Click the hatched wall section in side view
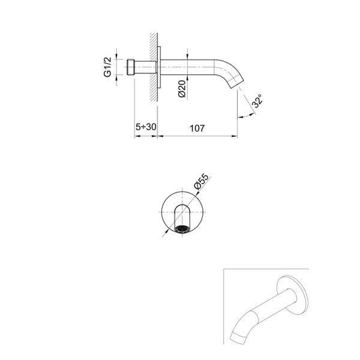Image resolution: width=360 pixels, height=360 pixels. [x=152, y=66]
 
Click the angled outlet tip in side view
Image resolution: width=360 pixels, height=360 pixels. [x=235, y=86]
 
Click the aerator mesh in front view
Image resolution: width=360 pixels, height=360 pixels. [x=180, y=229]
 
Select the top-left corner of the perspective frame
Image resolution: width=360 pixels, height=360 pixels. [x=223, y=271]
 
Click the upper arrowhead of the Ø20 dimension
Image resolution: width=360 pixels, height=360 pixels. [x=188, y=58]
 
